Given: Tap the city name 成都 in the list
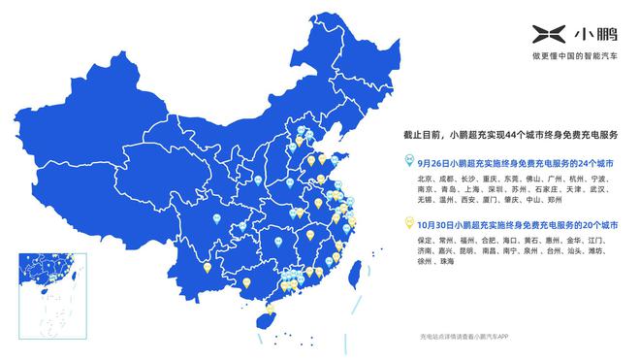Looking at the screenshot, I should coord(448,180).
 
